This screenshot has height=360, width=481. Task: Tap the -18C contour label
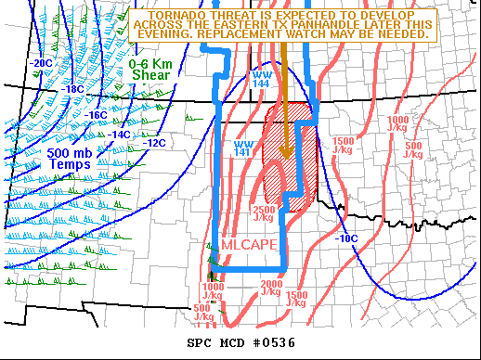point(73,89)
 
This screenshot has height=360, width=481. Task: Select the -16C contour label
point(97,115)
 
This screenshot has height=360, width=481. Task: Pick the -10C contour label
point(345,238)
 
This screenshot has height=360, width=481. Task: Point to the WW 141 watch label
point(243,148)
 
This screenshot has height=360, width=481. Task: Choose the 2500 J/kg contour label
point(263,214)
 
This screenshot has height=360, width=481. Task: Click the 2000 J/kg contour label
point(271,288)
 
